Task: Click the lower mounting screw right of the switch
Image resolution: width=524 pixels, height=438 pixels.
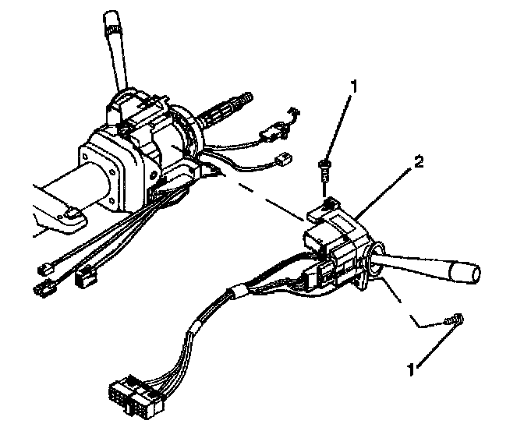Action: (450, 319)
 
